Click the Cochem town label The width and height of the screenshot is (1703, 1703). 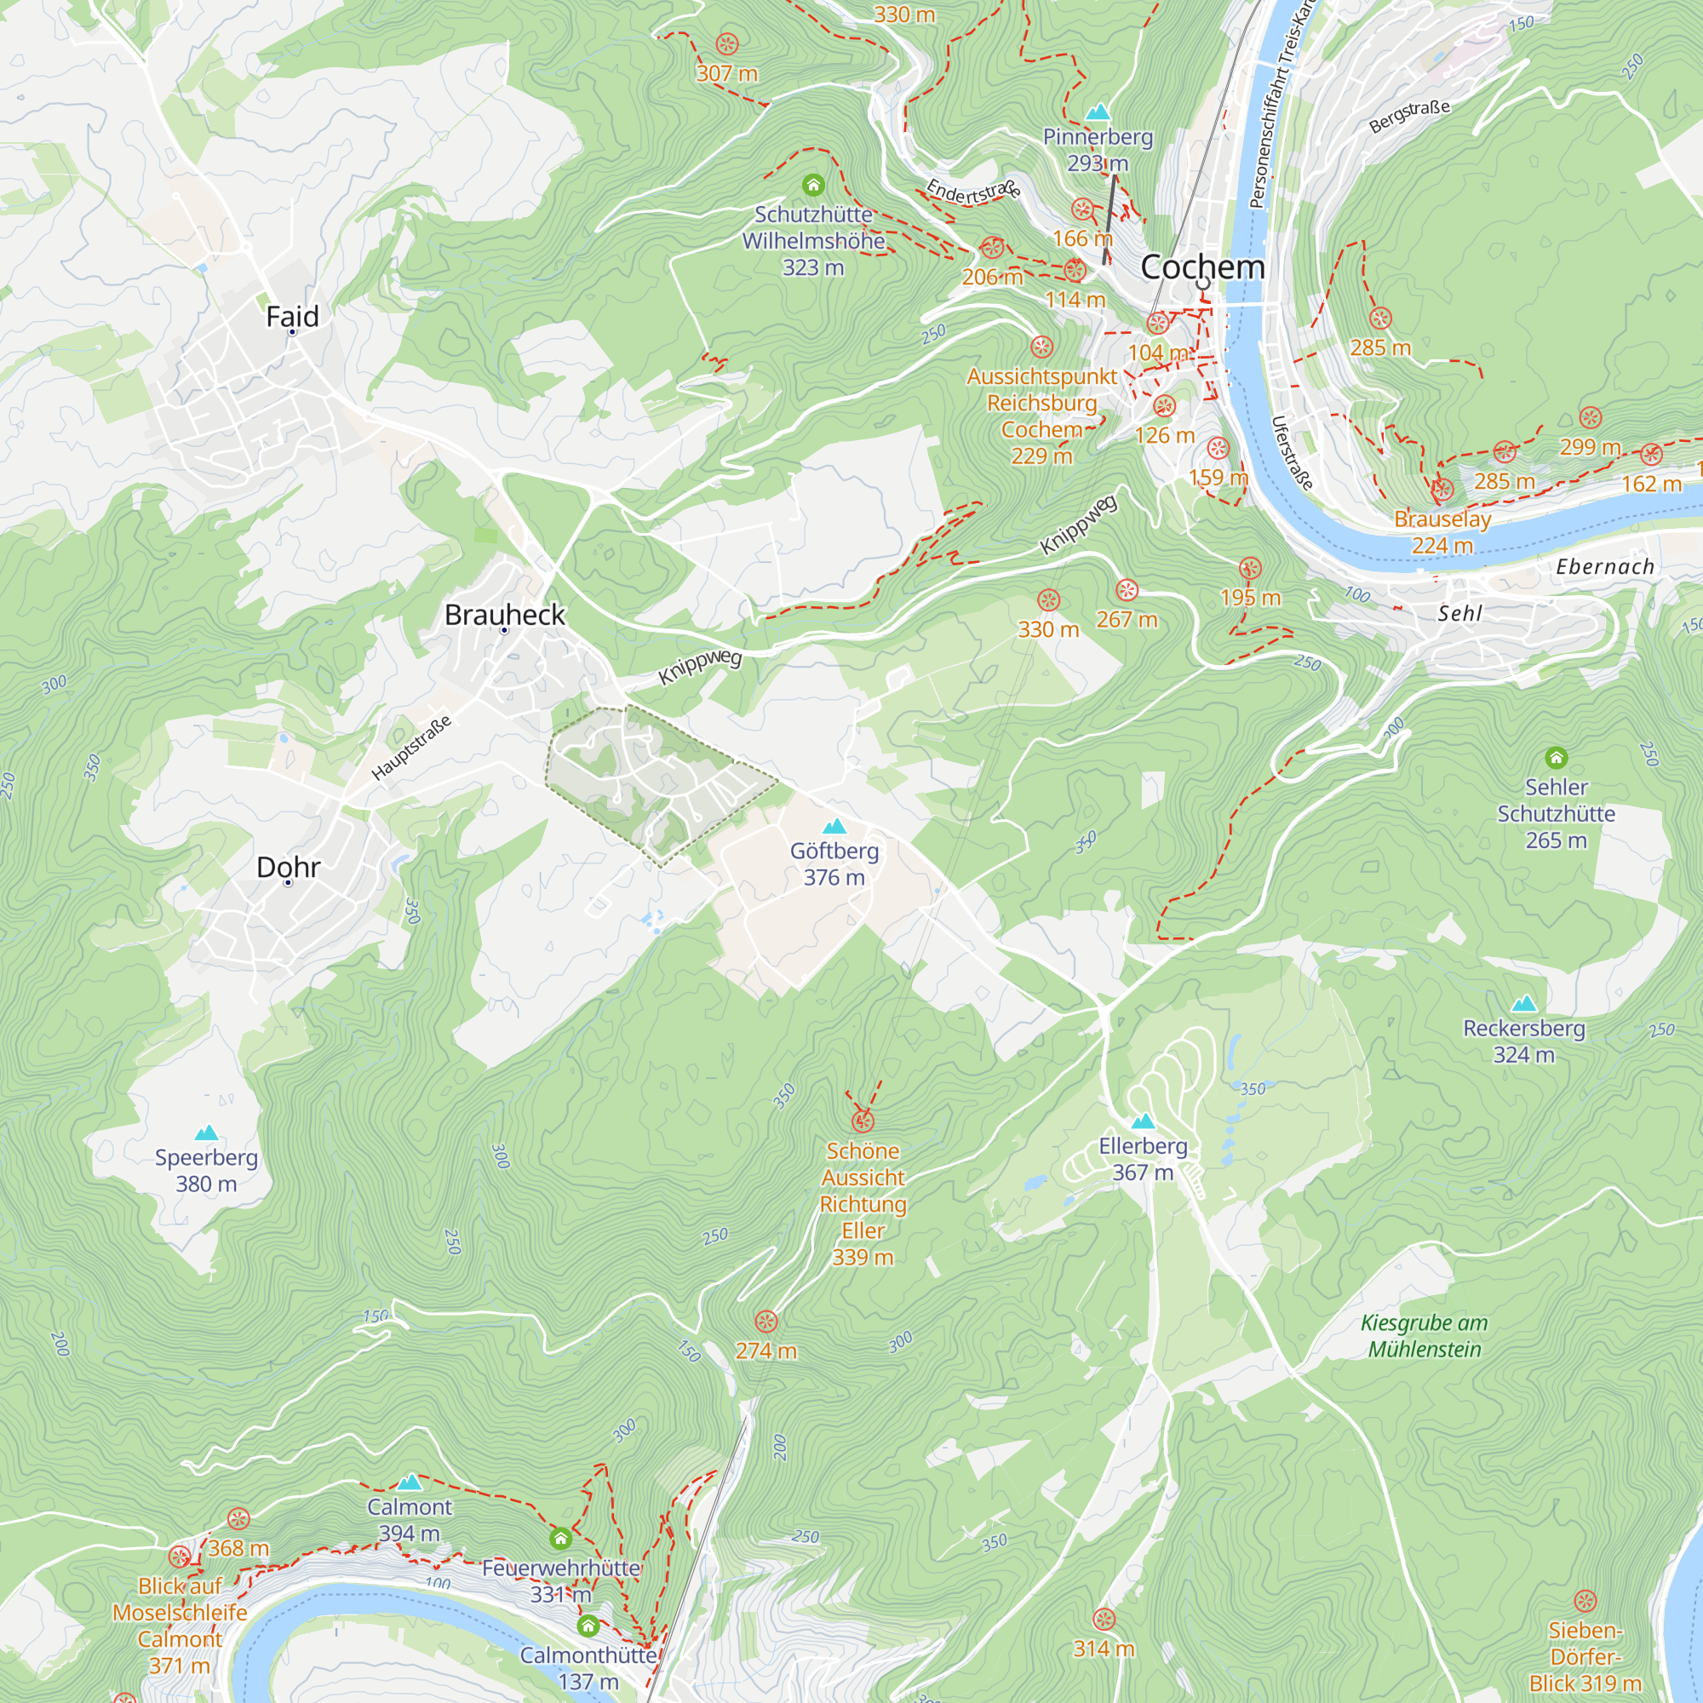click(x=1202, y=267)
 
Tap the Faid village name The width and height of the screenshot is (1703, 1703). click(x=292, y=317)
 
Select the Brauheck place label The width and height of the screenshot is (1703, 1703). click(x=504, y=615)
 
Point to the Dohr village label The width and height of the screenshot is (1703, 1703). click(x=289, y=867)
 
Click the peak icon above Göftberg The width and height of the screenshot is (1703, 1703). click(x=834, y=826)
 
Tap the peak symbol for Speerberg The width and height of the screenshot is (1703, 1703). click(x=206, y=1132)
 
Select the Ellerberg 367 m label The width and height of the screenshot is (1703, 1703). click(x=1143, y=1158)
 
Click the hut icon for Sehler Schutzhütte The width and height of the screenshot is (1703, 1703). click(x=1556, y=757)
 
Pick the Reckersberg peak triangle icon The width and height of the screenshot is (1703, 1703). click(x=1523, y=1003)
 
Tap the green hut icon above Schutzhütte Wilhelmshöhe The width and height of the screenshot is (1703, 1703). click(x=812, y=185)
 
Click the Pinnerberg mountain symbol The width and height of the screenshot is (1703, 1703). click(x=1098, y=112)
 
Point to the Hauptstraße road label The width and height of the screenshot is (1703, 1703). click(x=410, y=748)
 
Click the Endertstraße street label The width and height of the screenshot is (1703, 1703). click(x=972, y=190)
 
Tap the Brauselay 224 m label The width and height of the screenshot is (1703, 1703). click(x=1442, y=532)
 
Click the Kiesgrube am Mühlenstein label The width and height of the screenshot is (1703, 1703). click(x=1425, y=1335)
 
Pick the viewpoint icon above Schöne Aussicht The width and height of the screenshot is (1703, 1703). click(x=863, y=1121)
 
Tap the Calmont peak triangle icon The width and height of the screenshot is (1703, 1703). click(x=409, y=1482)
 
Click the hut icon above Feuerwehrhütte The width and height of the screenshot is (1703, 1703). click(x=560, y=1539)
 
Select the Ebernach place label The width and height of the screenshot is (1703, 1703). click(x=1604, y=567)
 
